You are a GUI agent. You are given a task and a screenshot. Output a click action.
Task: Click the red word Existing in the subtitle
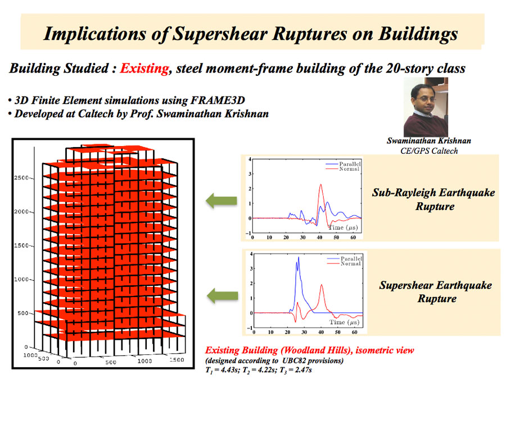click(x=144, y=69)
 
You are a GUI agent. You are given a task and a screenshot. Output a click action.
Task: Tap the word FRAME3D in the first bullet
click(x=218, y=101)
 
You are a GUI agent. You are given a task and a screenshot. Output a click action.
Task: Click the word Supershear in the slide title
click(x=220, y=34)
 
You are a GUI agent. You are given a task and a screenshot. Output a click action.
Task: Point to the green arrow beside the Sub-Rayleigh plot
click(x=222, y=200)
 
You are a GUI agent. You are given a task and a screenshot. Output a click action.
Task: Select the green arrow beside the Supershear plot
click(x=222, y=295)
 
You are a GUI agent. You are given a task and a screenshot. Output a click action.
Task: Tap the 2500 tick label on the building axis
click(x=21, y=177)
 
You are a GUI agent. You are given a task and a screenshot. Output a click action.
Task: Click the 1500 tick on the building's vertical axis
click(x=21, y=245)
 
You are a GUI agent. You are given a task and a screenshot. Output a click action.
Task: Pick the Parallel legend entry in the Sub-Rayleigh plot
click(x=350, y=164)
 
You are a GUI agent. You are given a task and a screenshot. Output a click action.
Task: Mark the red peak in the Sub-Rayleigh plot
click(x=320, y=185)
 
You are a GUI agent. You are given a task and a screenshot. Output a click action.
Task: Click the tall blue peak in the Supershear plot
click(x=299, y=258)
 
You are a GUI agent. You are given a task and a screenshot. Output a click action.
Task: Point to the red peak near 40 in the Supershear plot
click(x=322, y=285)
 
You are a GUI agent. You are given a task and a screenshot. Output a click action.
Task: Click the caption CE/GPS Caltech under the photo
click(x=429, y=151)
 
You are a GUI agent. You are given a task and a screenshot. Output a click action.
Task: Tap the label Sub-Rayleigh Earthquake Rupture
click(x=434, y=199)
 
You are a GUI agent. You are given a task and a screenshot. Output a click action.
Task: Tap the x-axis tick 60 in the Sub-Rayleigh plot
click(x=353, y=238)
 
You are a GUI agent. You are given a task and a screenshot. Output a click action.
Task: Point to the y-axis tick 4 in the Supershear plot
click(x=251, y=254)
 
